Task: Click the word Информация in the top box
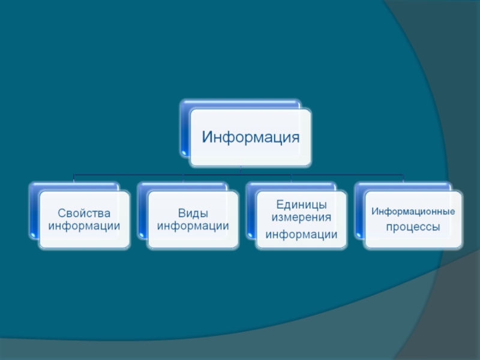click(250, 137)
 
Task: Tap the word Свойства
click(85, 213)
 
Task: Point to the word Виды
click(193, 213)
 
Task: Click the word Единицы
click(301, 205)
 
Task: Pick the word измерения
click(301, 217)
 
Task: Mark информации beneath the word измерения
click(301, 234)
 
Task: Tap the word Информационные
click(413, 212)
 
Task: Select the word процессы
click(413, 227)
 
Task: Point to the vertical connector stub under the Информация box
click(240, 171)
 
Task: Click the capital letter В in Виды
click(181, 213)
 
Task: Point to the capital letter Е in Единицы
click(280, 205)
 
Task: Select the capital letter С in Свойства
click(61, 213)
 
